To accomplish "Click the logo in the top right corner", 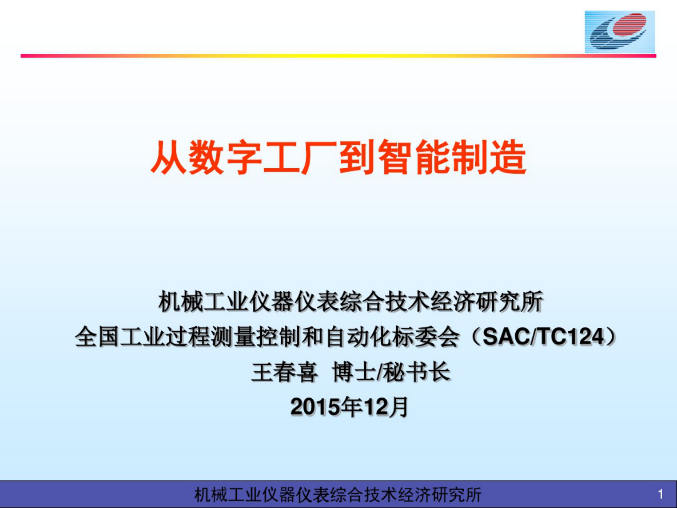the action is tap(620, 32).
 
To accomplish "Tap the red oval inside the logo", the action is tap(630, 23).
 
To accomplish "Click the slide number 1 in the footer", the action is tap(660, 494).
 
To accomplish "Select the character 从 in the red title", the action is tap(169, 158).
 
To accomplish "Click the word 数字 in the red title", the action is tap(226, 158).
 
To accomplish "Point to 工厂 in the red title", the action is tap(301, 158).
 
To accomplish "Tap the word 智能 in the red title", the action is tap(414, 158).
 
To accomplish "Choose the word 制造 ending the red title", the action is tap(489, 158).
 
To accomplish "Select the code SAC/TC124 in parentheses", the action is tap(543, 337).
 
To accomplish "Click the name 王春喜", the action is tap(285, 372).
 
